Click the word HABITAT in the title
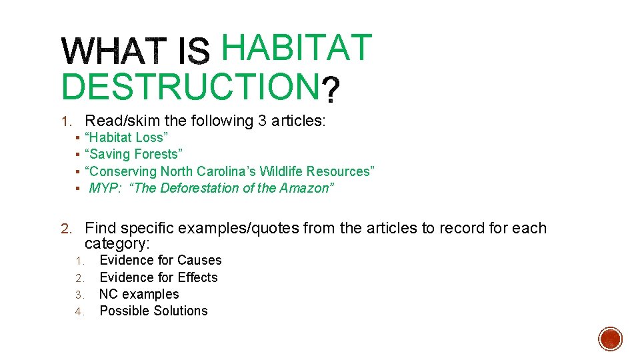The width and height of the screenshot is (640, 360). (296, 47)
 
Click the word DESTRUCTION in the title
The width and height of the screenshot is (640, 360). (189, 87)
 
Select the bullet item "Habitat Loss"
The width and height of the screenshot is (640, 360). (127, 137)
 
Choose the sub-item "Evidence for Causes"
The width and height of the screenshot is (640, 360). (160, 260)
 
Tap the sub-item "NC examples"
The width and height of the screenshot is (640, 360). (139, 294)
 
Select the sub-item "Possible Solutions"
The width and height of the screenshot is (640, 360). (153, 311)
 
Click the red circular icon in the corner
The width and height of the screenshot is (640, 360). (611, 338)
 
